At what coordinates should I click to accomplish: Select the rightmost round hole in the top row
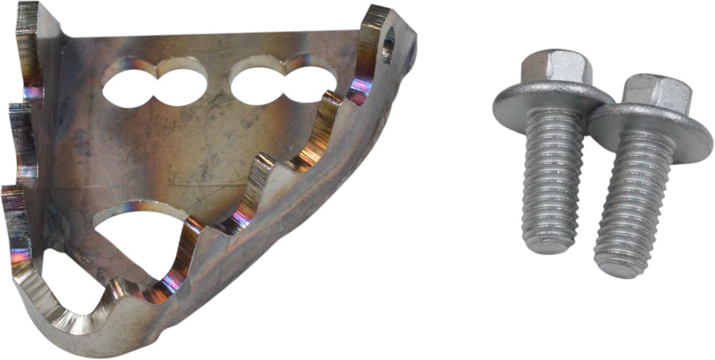(309, 83)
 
